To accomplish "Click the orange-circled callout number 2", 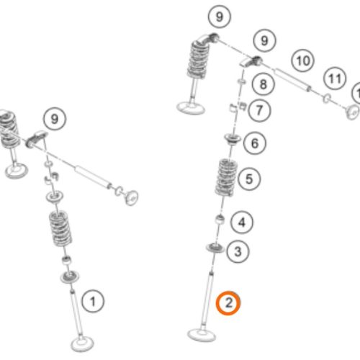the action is click(x=228, y=303).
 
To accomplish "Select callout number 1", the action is click(x=93, y=302).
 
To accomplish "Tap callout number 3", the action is click(x=238, y=251).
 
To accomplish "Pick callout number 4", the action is click(x=242, y=222).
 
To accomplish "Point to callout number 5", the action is click(x=249, y=179).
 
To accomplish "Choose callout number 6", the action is click(x=255, y=143).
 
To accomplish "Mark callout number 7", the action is click(x=259, y=110).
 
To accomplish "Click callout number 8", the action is click(x=264, y=84).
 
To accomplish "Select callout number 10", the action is click(x=303, y=60).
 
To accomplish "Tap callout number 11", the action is click(x=335, y=78).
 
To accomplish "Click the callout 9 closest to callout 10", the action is click(x=264, y=40).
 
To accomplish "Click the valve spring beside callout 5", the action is click(x=226, y=177).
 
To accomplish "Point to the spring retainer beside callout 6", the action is click(x=233, y=139).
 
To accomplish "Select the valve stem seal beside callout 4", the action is click(x=220, y=220).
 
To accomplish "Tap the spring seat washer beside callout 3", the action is click(x=215, y=248).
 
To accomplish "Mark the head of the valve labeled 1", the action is click(x=82, y=343).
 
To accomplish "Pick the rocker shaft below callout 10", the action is click(x=292, y=79).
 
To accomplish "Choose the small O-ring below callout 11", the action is click(x=326, y=98).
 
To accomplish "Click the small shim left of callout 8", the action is click(x=242, y=81).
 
